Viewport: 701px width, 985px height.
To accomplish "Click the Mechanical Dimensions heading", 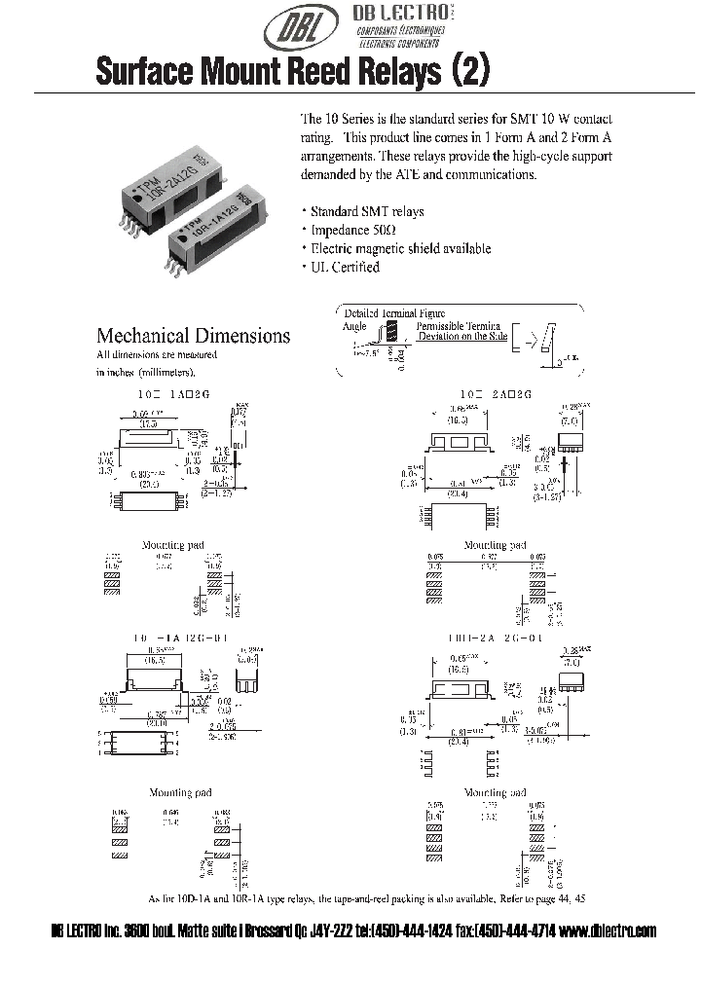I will pyautogui.click(x=193, y=335).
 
